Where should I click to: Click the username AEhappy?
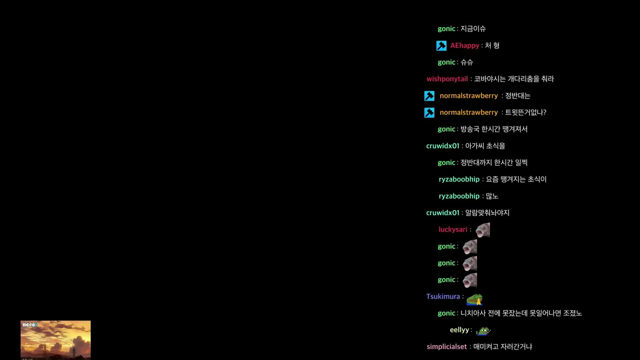(x=464, y=45)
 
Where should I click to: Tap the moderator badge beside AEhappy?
(x=441, y=45)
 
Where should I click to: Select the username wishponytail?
(x=447, y=79)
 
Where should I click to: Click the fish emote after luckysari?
(x=482, y=230)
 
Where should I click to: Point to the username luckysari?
(x=453, y=229)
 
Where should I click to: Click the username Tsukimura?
(x=443, y=296)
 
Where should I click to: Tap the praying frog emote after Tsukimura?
(x=474, y=299)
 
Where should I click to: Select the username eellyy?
(x=459, y=330)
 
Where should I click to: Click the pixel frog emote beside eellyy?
(x=483, y=331)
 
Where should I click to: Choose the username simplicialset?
(x=446, y=347)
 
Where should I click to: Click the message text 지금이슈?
(x=473, y=29)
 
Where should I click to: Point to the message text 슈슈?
(x=467, y=62)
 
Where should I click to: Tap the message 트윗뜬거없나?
(x=525, y=112)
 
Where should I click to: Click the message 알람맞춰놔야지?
(x=487, y=213)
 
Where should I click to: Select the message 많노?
(x=492, y=196)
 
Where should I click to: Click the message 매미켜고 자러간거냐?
(x=503, y=347)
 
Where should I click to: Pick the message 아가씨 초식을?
(x=485, y=146)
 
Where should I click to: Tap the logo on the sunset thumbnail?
(x=29, y=325)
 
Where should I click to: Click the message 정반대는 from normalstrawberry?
(x=517, y=95)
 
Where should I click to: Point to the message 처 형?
(x=492, y=45)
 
